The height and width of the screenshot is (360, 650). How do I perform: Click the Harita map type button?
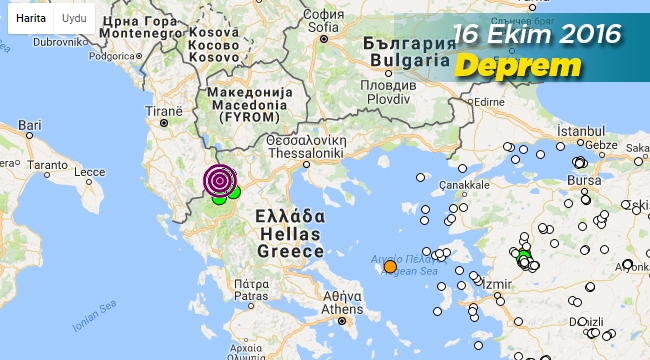(x=30, y=18)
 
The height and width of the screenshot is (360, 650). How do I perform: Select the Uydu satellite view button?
(x=73, y=18)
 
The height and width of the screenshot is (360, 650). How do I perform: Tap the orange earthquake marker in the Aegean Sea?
(x=390, y=266)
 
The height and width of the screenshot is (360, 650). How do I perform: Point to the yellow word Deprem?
(x=519, y=65)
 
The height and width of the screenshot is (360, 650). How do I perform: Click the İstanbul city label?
(x=582, y=132)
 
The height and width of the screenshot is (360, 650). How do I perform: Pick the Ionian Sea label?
(x=98, y=325)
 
